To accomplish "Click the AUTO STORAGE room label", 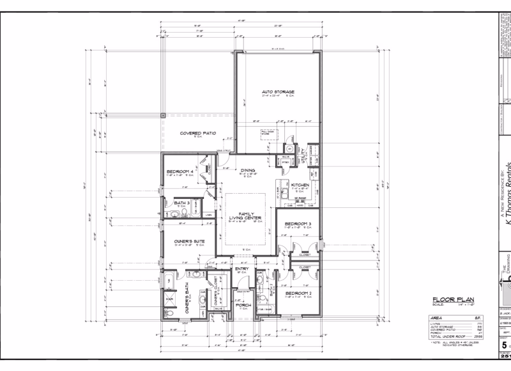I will point(278,92).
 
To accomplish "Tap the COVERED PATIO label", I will point(197,133).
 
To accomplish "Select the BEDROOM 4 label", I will point(180,171).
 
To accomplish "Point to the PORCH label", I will point(243,305).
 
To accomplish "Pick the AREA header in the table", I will point(439,317).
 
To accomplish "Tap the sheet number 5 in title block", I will point(504,345).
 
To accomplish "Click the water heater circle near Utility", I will point(289,149).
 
